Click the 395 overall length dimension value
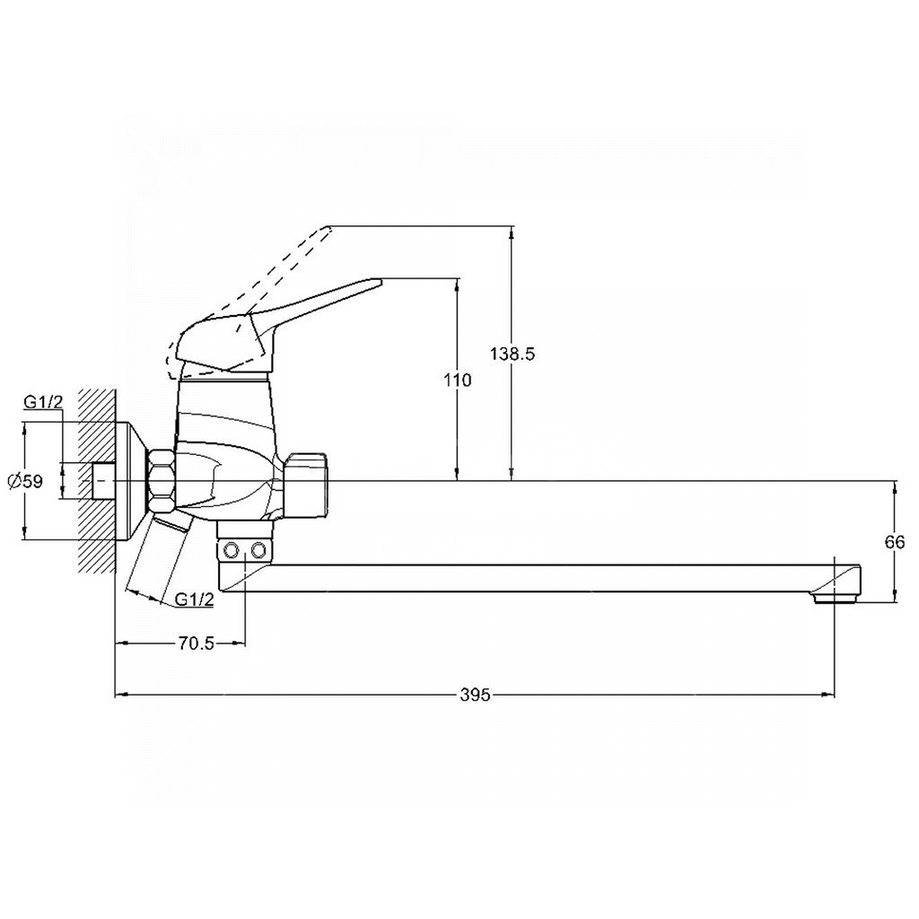(x=476, y=695)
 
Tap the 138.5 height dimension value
(x=512, y=354)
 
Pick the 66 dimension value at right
(x=896, y=542)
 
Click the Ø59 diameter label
(x=24, y=481)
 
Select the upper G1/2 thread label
(x=43, y=403)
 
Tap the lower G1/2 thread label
(x=195, y=600)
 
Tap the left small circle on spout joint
(x=231, y=548)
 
